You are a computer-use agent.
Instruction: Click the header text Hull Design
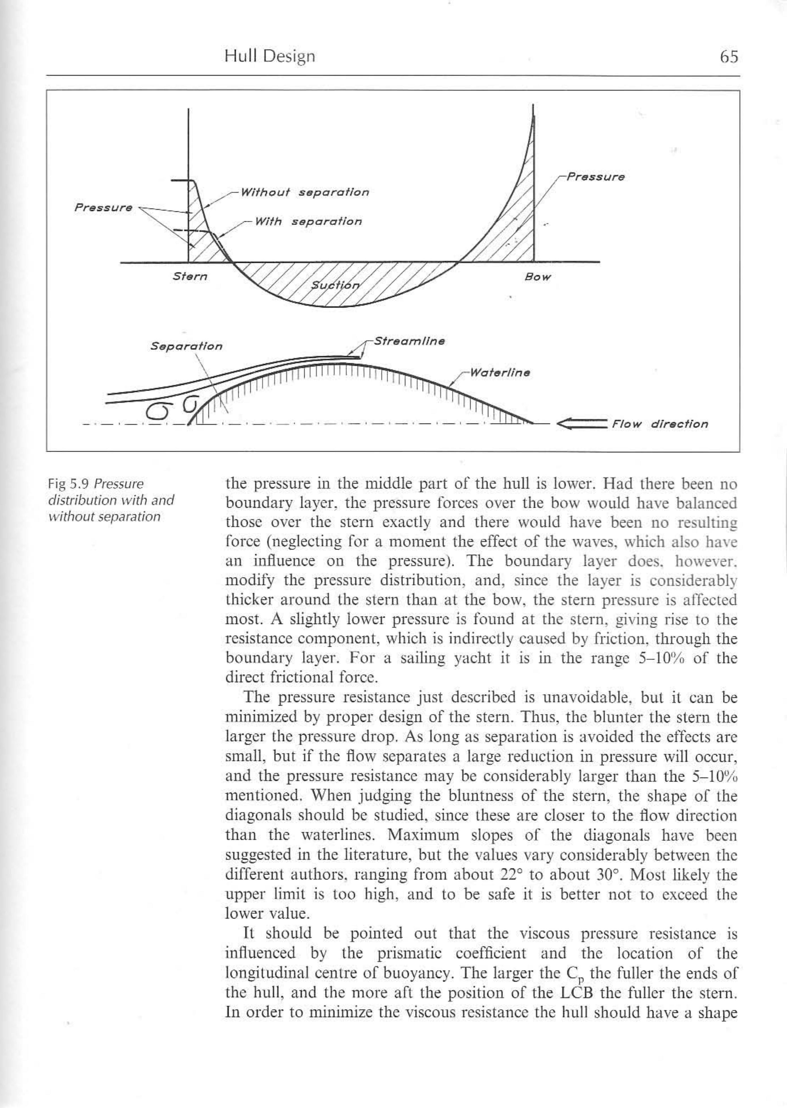coord(269,57)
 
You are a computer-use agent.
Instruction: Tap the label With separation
coord(308,222)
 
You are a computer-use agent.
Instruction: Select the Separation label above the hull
coord(186,346)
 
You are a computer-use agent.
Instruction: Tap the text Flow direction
coord(659,424)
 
